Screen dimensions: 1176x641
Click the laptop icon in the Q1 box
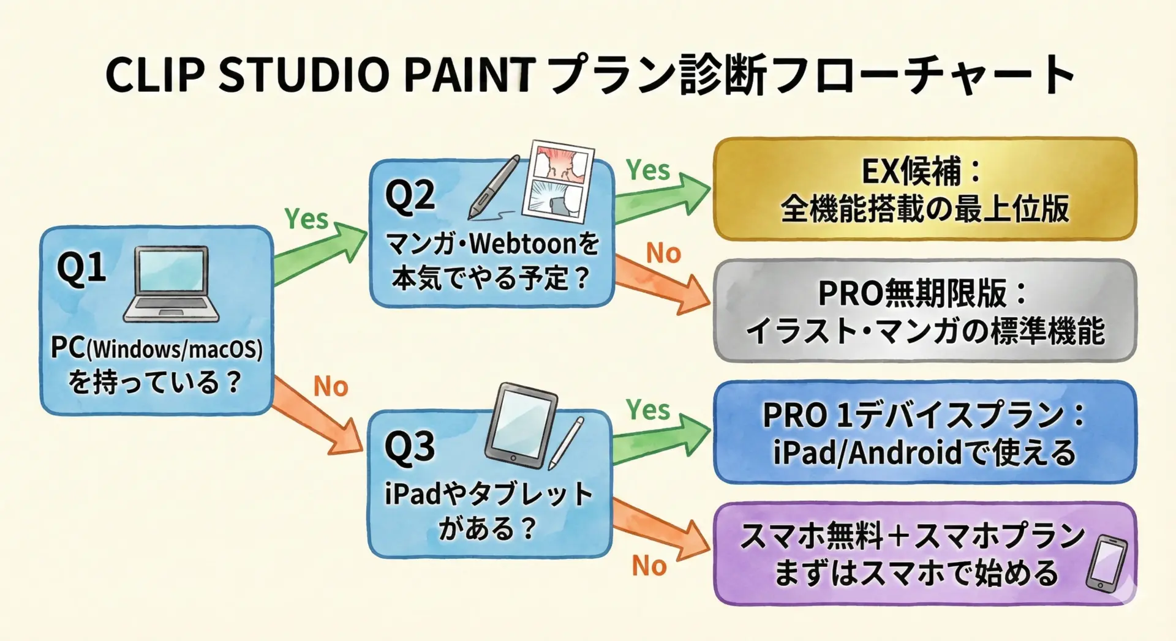click(171, 284)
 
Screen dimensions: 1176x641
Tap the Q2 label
click(410, 197)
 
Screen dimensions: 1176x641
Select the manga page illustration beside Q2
click(558, 181)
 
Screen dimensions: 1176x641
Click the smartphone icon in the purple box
click(1107, 564)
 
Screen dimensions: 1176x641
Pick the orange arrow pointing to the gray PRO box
click(662, 284)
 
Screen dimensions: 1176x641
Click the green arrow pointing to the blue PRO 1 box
click(662, 438)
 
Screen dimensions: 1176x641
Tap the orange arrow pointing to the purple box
click(661, 530)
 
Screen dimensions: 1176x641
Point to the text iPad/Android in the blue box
click(868, 453)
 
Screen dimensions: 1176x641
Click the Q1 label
click(81, 268)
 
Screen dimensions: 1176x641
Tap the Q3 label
click(410, 446)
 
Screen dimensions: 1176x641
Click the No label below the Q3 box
click(649, 566)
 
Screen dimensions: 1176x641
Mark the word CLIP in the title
click(156, 74)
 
